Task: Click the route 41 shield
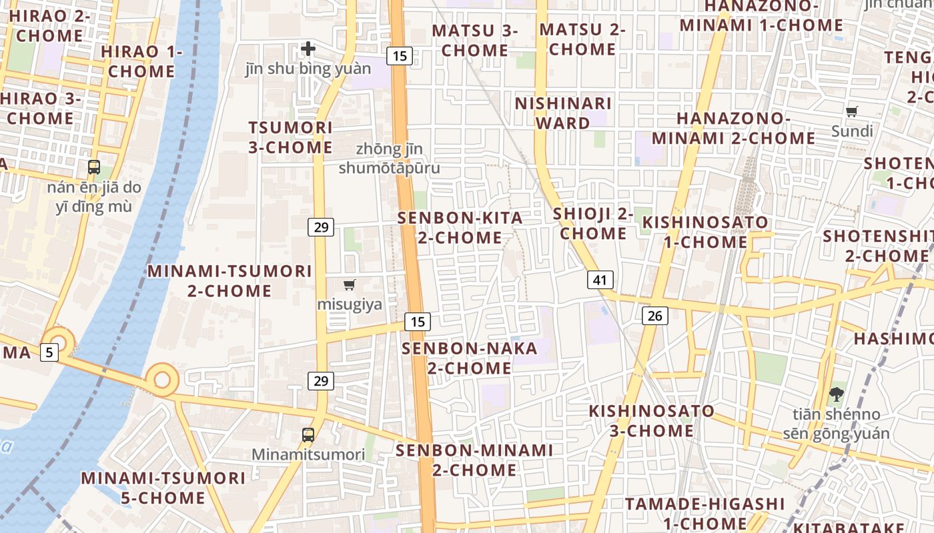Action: (x=600, y=280)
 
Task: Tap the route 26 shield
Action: (x=654, y=315)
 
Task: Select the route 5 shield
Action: (x=49, y=352)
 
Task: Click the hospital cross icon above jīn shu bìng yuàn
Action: (x=308, y=49)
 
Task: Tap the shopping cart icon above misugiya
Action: (x=349, y=285)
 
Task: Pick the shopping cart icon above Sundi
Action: (x=851, y=112)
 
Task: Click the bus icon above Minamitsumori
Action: (x=308, y=435)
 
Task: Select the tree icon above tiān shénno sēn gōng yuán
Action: (x=835, y=394)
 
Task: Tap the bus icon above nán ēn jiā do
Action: (x=93, y=167)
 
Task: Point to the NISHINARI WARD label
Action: (x=563, y=113)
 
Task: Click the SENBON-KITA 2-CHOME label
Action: (x=460, y=228)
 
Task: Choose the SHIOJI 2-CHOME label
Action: (x=593, y=224)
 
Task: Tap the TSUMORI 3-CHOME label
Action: (x=290, y=137)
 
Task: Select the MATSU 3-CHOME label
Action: (x=474, y=40)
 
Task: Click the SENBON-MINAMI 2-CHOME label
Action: (x=474, y=460)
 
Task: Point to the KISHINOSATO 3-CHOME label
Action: (x=642, y=420)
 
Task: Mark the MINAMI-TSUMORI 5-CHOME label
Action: (x=163, y=488)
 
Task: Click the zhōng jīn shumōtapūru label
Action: (x=389, y=158)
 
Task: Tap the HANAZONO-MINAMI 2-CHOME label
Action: (x=733, y=129)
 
